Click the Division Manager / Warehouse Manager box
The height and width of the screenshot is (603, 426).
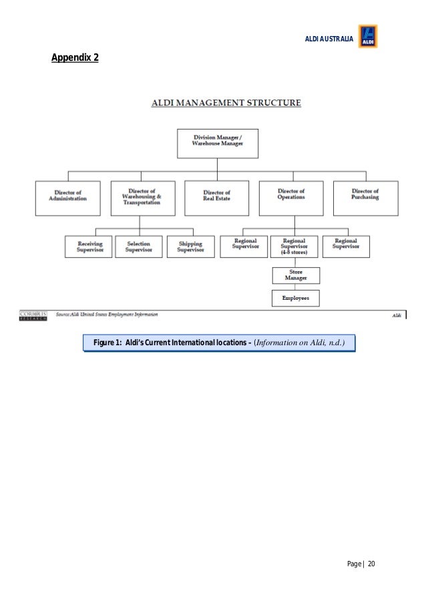coord(217,144)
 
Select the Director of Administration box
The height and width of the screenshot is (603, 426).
coord(67,198)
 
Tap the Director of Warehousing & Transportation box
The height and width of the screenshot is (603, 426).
coord(142,198)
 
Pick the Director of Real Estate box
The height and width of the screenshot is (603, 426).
coord(217,198)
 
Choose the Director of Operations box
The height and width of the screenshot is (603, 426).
coord(291,198)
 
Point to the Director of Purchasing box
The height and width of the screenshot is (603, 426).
coord(365,198)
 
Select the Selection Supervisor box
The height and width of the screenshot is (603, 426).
coord(138,246)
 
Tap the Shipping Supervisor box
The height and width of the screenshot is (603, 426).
coord(190,246)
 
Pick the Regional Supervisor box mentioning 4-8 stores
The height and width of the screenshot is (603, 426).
coord(295,246)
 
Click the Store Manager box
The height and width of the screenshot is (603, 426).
coord(295,275)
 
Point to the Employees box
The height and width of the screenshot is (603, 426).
coord(295,298)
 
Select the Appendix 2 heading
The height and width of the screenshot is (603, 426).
coord(75,58)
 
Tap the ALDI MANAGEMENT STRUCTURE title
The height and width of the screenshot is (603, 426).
coord(226,103)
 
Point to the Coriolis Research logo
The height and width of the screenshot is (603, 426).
coord(33,315)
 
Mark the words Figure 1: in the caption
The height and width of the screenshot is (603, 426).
coord(107,343)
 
